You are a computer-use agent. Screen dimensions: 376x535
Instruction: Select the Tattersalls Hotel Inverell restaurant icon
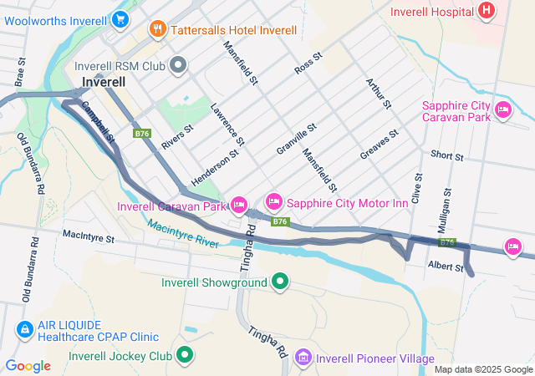156,30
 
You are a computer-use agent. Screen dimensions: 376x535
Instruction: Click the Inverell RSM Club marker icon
178,64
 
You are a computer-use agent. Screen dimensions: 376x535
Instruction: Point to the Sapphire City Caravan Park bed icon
502,110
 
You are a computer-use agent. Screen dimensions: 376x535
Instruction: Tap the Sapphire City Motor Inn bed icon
273,201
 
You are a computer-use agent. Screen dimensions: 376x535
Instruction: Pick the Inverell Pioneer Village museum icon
303,358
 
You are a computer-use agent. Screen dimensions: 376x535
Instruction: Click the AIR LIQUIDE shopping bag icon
25,330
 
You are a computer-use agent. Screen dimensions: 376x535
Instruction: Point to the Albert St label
446,267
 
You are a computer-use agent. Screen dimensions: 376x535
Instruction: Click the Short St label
447,155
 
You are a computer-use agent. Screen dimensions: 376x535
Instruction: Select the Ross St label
308,64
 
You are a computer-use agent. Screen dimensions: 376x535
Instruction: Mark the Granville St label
296,140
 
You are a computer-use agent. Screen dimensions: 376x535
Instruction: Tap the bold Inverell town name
104,82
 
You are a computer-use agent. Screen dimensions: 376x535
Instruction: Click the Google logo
28,365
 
